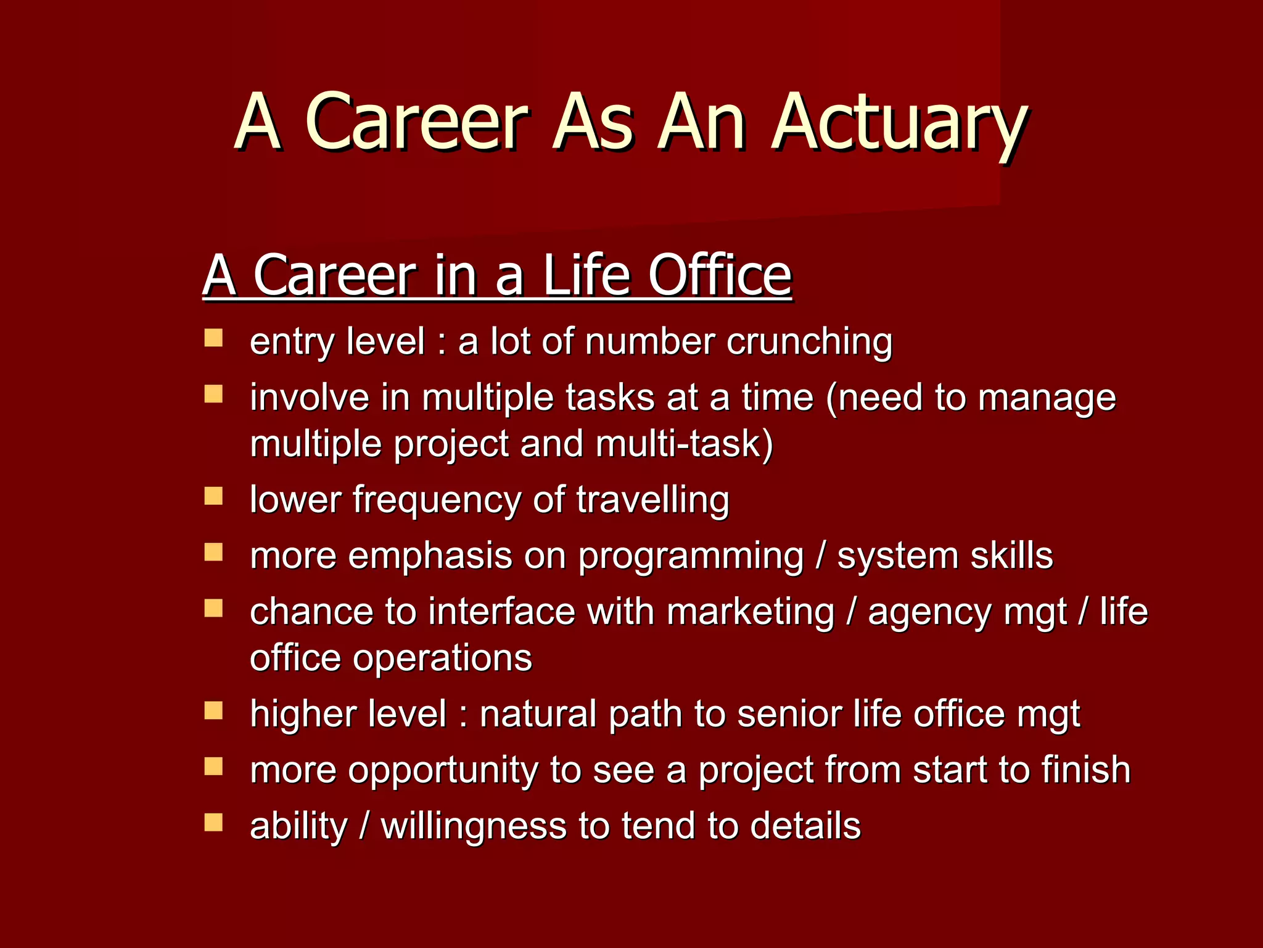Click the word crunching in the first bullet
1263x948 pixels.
point(809,341)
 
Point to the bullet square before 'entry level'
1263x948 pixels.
point(213,338)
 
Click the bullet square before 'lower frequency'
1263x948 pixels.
point(213,496)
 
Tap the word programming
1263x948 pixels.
point(691,557)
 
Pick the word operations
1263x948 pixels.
point(442,658)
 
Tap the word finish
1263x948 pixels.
point(1085,770)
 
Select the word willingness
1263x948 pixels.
point(474,827)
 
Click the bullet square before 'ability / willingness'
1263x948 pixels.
point(213,823)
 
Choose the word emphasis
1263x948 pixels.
point(430,557)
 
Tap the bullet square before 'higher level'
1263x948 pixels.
point(213,711)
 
